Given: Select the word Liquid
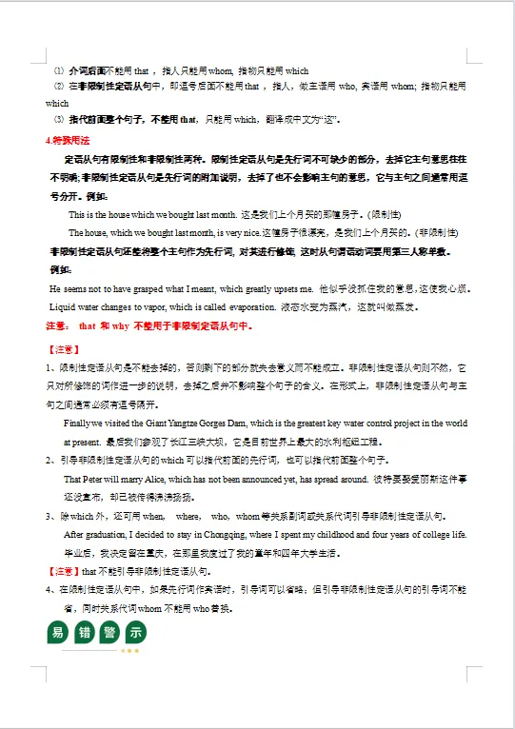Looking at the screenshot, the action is pos(62,306).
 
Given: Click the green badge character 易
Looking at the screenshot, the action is pos(58,632).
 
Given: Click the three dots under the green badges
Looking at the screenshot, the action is pos(129,652).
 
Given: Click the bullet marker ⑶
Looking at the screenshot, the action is pos(58,120).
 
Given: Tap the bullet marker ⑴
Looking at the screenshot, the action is pos(58,70).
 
